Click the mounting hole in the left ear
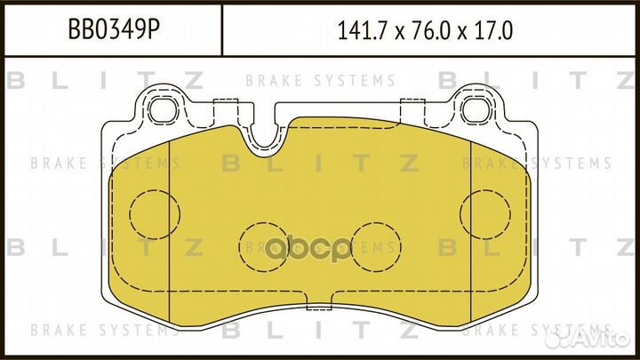[161, 111]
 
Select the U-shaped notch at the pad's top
[263, 133]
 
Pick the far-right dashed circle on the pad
[485, 213]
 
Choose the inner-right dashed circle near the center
[377, 241]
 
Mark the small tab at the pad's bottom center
[318, 308]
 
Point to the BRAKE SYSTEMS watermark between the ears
[321, 81]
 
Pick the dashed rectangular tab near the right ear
[415, 112]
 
